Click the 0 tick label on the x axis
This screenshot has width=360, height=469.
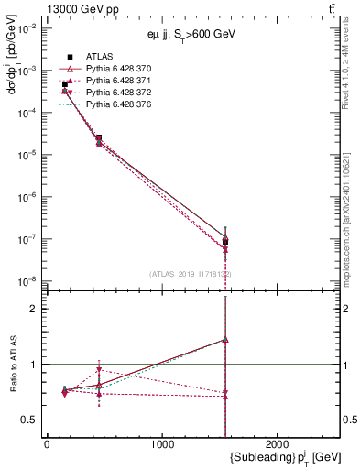47,444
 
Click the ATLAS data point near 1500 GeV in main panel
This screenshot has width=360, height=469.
225,243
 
